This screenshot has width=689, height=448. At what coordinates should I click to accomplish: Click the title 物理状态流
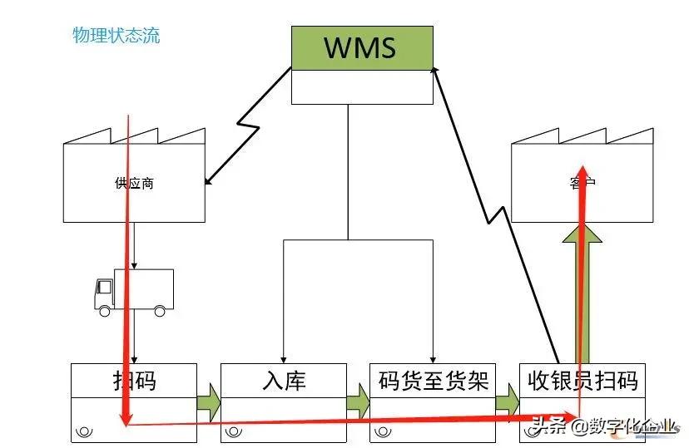click(116, 36)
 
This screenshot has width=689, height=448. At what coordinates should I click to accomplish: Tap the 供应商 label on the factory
click(134, 184)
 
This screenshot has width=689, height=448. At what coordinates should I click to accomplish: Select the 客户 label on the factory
click(582, 184)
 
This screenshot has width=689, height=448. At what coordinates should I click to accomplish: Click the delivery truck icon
click(134, 292)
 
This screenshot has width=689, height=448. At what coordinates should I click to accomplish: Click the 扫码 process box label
click(134, 381)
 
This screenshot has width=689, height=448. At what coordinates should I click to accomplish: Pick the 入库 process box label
click(284, 381)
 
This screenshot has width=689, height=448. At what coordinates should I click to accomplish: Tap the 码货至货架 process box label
click(433, 381)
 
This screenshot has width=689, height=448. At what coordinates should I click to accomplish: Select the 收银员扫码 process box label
click(582, 381)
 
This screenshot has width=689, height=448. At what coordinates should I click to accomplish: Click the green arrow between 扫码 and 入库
click(209, 402)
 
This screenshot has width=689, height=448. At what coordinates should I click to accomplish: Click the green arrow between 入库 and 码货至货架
click(358, 402)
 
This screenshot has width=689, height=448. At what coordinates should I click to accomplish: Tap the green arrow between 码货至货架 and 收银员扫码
click(508, 402)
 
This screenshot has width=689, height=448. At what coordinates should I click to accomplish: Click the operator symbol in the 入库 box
click(234, 431)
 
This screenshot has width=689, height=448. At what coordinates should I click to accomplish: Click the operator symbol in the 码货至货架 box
click(384, 431)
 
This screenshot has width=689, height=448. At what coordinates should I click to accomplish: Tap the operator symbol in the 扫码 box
click(84, 431)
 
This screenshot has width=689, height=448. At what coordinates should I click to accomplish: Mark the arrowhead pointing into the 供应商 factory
click(208, 180)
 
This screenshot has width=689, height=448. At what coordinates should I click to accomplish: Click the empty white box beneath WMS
click(362, 87)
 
